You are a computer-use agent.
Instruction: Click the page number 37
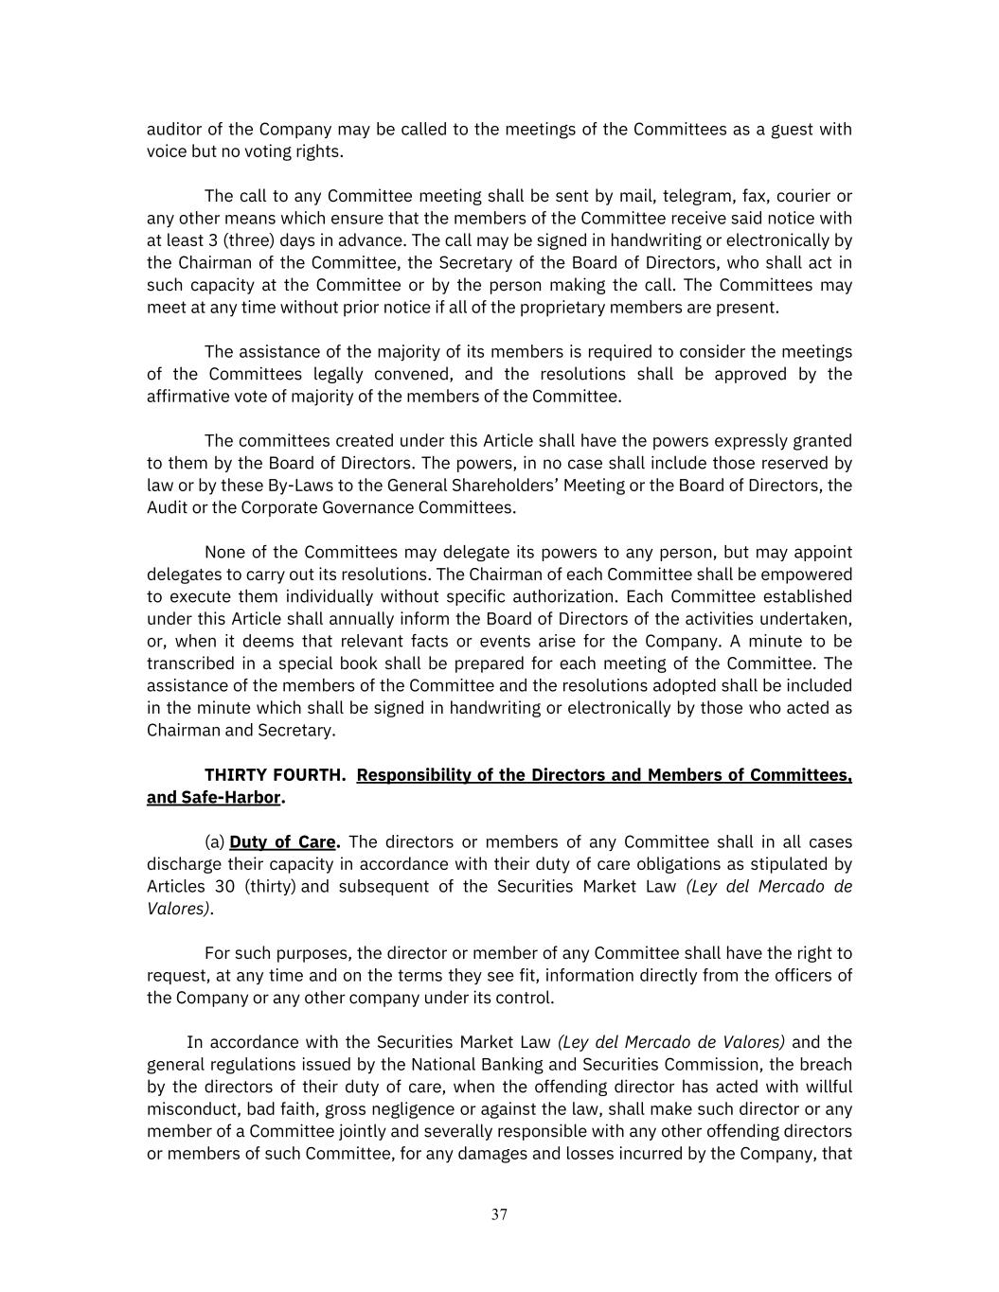[x=499, y=1214]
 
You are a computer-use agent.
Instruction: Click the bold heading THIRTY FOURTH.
[x=275, y=775]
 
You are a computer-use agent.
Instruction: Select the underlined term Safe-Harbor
[x=213, y=797]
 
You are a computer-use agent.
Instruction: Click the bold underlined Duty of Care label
[x=282, y=842]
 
